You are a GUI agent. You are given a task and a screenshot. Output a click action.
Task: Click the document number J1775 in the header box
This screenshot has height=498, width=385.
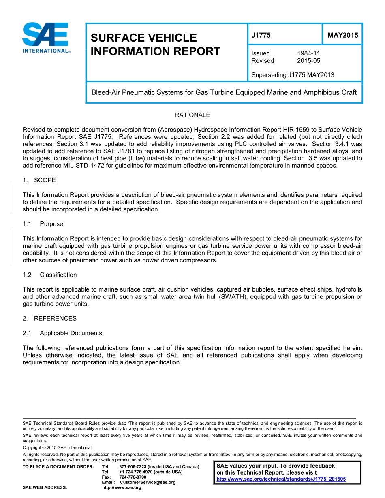[x=261, y=35]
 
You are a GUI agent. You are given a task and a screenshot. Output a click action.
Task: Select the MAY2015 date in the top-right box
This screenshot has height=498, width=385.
[x=343, y=35]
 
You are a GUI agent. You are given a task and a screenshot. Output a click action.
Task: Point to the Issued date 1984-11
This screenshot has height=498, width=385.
[x=309, y=53]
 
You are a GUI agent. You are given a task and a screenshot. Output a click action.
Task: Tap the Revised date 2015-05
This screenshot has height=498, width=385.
[x=309, y=61]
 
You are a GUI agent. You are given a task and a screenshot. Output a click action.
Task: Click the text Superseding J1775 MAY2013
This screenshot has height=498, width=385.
[x=293, y=75]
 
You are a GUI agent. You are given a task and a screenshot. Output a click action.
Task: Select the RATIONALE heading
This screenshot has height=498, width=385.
[x=192, y=115]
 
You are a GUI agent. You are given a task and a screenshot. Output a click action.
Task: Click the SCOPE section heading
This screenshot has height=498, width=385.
[x=45, y=180]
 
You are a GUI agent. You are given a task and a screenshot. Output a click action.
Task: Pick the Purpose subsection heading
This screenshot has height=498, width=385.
[x=51, y=224]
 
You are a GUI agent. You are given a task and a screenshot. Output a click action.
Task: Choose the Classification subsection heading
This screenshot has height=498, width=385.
[x=58, y=275]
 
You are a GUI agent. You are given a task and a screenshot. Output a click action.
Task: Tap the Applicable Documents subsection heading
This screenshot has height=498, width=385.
[x=71, y=333]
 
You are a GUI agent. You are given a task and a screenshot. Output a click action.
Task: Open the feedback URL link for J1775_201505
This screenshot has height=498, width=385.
[x=281, y=479]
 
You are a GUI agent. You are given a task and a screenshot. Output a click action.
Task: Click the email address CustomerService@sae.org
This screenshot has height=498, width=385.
[x=148, y=482]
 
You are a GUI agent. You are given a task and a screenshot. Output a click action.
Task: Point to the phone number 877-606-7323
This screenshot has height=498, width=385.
[x=133, y=467]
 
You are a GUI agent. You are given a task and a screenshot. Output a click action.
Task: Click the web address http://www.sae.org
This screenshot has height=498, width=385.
[x=122, y=487]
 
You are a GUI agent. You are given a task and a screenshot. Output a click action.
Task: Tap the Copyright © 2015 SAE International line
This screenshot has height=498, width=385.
[x=57, y=447]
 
